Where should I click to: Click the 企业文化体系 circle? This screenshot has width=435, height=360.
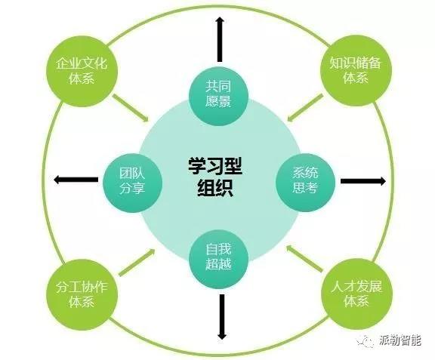click(x=82, y=71)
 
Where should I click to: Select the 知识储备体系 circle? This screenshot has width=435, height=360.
click(x=356, y=70)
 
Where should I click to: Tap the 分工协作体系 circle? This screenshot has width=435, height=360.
click(x=82, y=294)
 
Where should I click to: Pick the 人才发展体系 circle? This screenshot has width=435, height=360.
click(x=356, y=294)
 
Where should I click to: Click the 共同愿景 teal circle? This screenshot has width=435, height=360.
click(x=218, y=96)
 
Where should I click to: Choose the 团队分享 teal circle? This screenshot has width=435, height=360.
click(x=132, y=183)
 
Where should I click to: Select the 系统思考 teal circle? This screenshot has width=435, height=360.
click(x=305, y=183)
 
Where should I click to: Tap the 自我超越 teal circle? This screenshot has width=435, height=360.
click(x=218, y=259)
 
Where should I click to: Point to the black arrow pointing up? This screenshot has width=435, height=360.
click(x=221, y=39)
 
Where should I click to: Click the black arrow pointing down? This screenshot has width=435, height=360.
click(x=222, y=317)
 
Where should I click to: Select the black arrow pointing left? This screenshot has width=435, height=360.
click(x=76, y=180)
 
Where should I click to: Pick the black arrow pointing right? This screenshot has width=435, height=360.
click(x=363, y=181)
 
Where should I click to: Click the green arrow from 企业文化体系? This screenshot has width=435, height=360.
click(x=131, y=108)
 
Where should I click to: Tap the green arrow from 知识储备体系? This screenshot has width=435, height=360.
click(x=305, y=108)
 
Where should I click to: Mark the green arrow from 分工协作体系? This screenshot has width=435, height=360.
click(x=137, y=262)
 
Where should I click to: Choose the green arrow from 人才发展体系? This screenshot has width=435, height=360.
click(x=304, y=258)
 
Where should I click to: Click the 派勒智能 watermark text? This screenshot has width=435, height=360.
click(x=400, y=340)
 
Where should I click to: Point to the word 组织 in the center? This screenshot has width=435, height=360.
click(x=215, y=188)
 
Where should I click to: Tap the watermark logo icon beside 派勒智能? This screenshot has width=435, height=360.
click(x=366, y=341)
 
